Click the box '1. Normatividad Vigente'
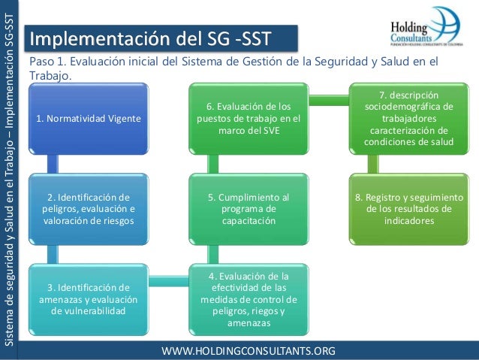coord(88,119)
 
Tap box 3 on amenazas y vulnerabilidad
coord(88,298)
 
